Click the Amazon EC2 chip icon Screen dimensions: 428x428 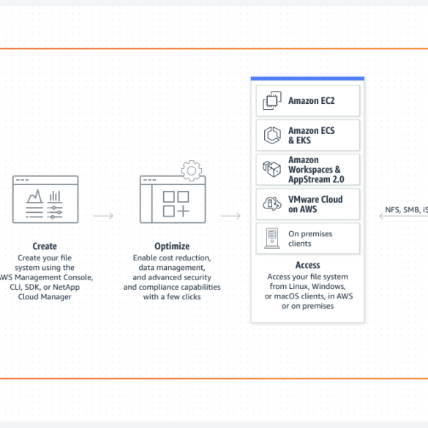[272, 101]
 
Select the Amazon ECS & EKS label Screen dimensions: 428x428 [312, 135]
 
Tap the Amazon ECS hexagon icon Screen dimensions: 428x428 [272, 135]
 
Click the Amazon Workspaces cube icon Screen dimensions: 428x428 [271, 169]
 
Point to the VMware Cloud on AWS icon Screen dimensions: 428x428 [272, 203]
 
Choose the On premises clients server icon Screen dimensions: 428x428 [272, 239]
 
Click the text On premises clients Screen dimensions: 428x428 [310, 239]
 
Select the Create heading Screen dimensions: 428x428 [45, 247]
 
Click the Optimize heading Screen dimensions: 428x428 [172, 247]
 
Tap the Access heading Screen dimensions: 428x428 [307, 265]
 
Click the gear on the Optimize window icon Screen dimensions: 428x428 [192, 170]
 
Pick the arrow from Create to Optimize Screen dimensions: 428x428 [103, 216]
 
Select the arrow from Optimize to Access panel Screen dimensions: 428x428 [230, 216]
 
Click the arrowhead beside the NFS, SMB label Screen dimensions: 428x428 [381, 216]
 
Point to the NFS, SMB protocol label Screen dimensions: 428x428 [407, 210]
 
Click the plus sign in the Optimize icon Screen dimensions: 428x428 [183, 211]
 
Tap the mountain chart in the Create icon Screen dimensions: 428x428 [34, 196]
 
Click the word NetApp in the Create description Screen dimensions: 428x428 [66, 287]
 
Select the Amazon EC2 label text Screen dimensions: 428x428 [312, 101]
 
